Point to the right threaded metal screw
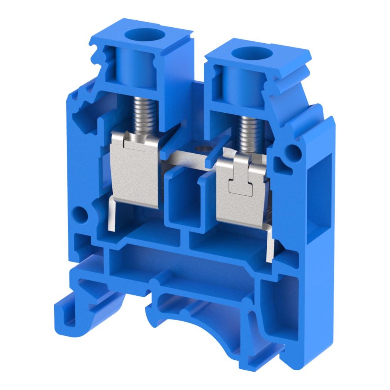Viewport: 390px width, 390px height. (x=250, y=134)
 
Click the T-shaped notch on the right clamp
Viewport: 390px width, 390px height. (x=239, y=183)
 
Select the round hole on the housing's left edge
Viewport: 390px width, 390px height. (x=79, y=213)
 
